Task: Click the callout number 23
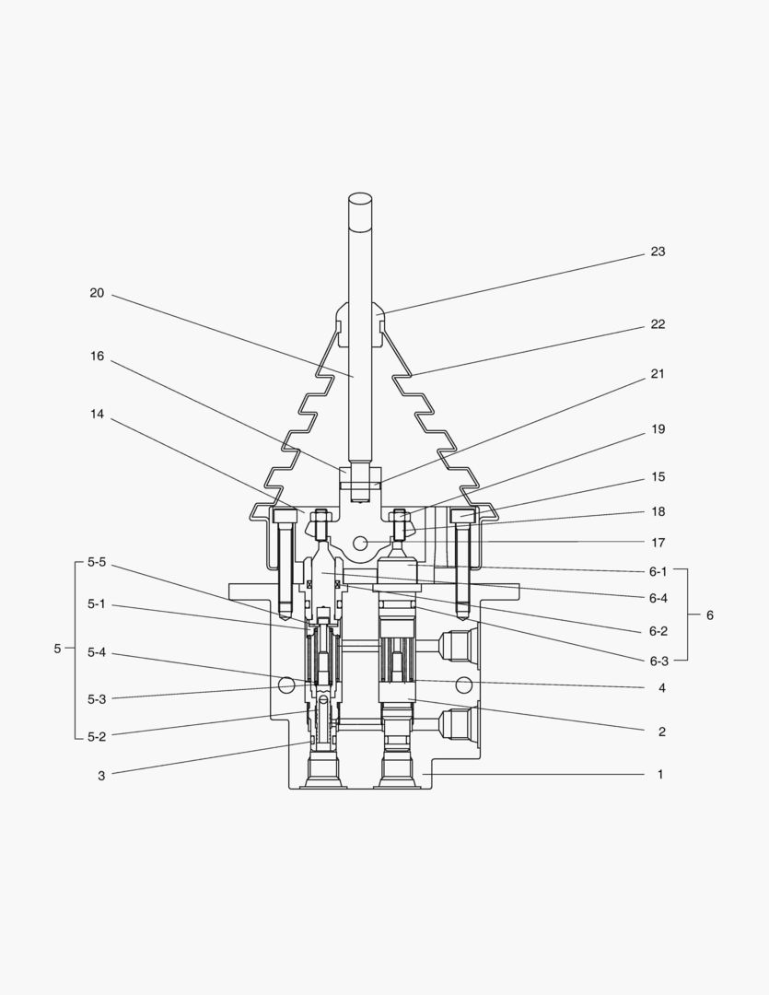coord(657,252)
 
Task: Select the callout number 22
coord(657,324)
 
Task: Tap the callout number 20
coord(97,293)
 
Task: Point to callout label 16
coord(97,356)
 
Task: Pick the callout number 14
coord(97,415)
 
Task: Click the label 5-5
coord(97,562)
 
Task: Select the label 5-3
coord(97,699)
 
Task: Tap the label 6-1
coord(658,571)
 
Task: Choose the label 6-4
coord(658,598)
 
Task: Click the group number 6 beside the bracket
coord(709,615)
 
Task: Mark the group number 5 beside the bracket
coord(57,649)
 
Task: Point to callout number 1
coord(659,775)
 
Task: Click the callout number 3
coord(101,776)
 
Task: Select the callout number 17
coord(658,543)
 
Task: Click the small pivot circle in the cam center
coord(360,543)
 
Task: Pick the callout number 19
coord(658,429)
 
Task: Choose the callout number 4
coord(659,688)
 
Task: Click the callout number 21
coord(657,374)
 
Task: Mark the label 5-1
coord(97,604)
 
